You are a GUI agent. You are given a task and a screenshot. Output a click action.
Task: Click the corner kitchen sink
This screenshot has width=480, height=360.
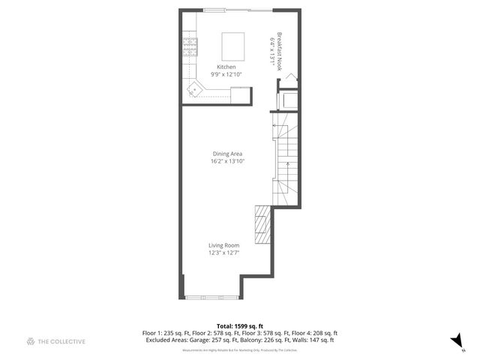pos(195,89)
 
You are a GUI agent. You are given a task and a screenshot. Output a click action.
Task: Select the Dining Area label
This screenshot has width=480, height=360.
pos(226,154)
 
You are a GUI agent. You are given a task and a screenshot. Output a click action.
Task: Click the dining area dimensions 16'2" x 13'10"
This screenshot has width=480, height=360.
pos(226,162)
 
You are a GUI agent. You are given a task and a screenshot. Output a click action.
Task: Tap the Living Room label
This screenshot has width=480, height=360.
pos(223,245)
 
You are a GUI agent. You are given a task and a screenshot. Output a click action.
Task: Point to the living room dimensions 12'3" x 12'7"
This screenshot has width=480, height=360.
pos(223,253)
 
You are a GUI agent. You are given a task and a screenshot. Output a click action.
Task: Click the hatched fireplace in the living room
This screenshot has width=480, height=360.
pos(262,224)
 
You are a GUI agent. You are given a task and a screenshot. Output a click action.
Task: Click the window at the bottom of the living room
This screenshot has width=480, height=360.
pos(211,298)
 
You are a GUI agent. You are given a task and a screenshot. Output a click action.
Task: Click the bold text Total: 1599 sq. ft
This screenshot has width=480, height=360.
pos(239,326)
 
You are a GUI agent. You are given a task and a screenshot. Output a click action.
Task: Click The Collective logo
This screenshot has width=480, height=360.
pos(56,342)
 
